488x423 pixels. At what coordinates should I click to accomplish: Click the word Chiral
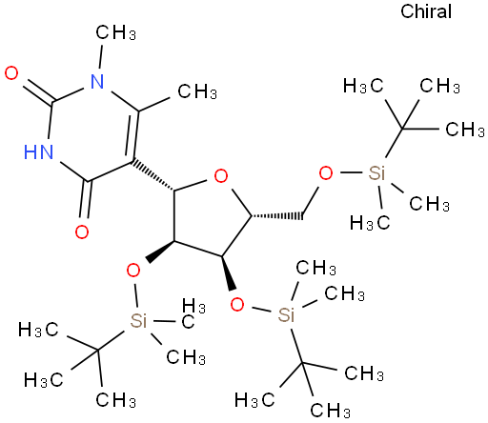(x=426, y=11)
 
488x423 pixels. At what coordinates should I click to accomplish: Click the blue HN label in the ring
(x=39, y=151)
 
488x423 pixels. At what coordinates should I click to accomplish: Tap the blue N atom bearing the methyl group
(x=97, y=82)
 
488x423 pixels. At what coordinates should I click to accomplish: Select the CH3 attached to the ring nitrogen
(x=116, y=32)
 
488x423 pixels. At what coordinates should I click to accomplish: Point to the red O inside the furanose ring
(x=221, y=176)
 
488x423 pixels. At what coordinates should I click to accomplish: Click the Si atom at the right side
(x=376, y=173)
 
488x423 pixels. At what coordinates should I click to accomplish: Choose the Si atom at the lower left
(x=138, y=320)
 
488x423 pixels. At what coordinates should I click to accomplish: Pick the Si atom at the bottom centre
(x=286, y=314)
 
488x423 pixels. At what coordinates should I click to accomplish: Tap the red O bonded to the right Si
(x=326, y=173)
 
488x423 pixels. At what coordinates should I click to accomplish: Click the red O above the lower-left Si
(x=133, y=271)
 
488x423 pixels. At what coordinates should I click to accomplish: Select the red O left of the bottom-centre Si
(x=237, y=304)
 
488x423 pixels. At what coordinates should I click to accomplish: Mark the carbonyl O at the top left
(x=11, y=73)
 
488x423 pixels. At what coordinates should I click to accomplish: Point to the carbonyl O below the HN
(x=82, y=232)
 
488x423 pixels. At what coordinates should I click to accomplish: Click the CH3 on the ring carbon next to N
(x=197, y=91)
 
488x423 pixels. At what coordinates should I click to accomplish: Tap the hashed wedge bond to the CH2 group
(x=276, y=216)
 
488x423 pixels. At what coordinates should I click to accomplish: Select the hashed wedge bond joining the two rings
(x=153, y=175)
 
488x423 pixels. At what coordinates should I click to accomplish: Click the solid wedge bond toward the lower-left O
(x=160, y=252)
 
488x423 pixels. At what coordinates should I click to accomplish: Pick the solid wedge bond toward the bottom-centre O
(x=229, y=272)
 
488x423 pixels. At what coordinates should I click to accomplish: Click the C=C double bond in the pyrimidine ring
(x=134, y=136)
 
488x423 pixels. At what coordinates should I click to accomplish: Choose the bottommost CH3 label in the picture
(x=331, y=410)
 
